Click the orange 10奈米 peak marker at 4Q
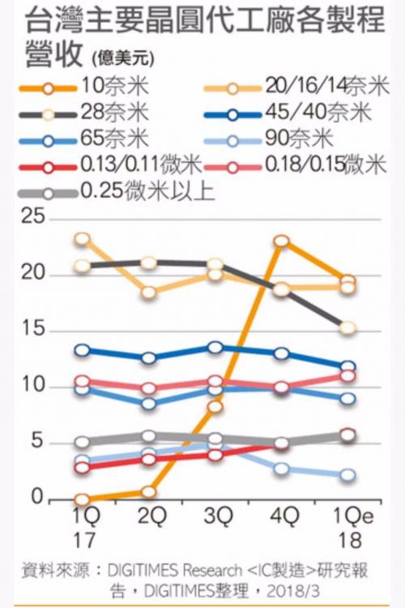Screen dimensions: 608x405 point(282,242)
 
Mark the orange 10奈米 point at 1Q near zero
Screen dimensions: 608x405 point(82,500)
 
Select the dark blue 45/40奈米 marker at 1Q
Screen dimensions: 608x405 point(82,350)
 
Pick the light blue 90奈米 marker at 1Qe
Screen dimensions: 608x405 point(347,475)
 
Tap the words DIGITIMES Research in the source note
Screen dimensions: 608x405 point(168,567)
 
